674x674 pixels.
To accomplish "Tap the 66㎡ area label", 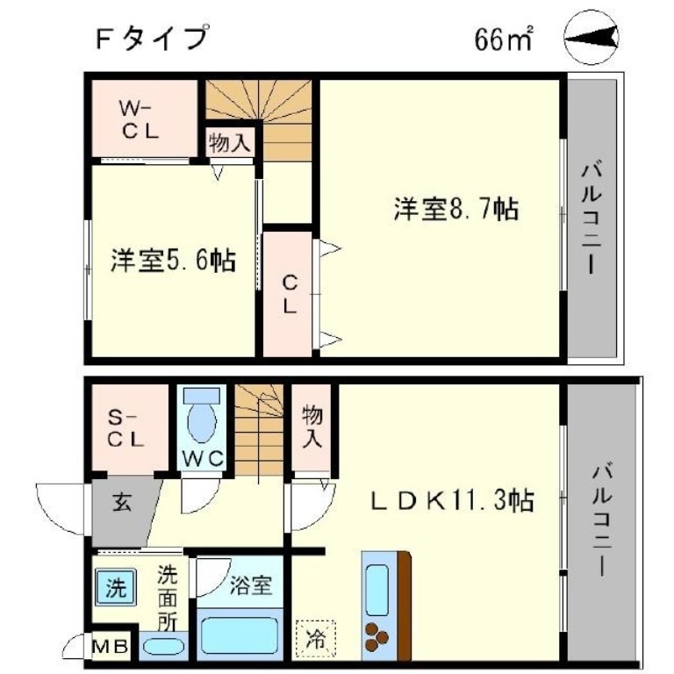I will coord(505,39).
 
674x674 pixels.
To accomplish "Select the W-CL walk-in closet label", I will coord(139,120).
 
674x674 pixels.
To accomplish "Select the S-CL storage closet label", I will coord(125,430).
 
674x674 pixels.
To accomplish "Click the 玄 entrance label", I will coord(121,505).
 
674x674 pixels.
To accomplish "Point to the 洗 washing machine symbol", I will coord(116,587).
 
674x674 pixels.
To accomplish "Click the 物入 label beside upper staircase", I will coord(231,142).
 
